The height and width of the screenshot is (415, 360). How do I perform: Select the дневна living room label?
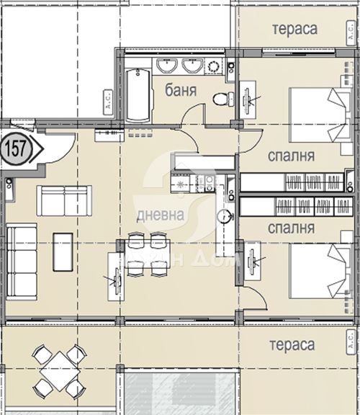pyautogui.click(x=161, y=215)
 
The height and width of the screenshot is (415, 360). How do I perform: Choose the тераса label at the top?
pyautogui.click(x=295, y=28)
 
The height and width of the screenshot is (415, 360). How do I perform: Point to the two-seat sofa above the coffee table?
pyautogui.click(x=65, y=201)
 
